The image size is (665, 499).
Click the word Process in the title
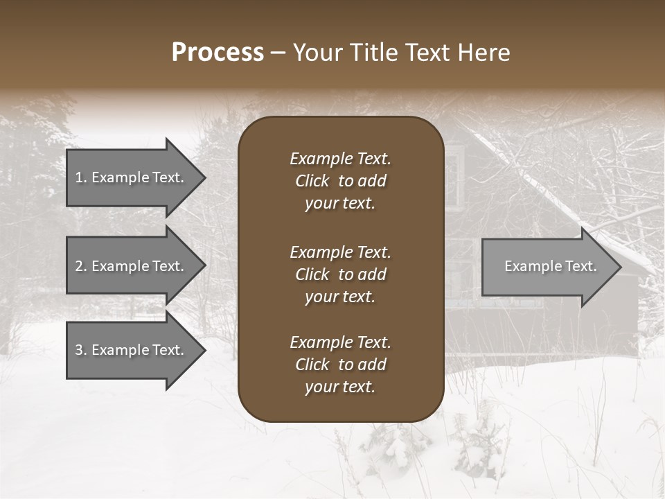click(x=218, y=53)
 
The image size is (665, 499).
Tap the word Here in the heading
click(x=484, y=53)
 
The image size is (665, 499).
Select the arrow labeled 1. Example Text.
click(x=132, y=177)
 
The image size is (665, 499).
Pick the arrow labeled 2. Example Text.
click(x=132, y=266)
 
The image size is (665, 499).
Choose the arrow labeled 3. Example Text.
click(x=132, y=350)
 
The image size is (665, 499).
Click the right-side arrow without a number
click(x=547, y=266)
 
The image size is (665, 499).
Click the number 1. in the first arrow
click(x=81, y=177)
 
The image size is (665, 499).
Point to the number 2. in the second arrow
click(x=81, y=266)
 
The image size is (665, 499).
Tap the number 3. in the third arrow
click(x=81, y=350)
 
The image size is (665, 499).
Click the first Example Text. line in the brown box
click(x=340, y=159)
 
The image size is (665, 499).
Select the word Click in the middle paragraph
click(x=312, y=274)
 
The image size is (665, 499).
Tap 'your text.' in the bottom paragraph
click(x=339, y=387)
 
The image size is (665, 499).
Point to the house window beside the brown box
click(x=452, y=179)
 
